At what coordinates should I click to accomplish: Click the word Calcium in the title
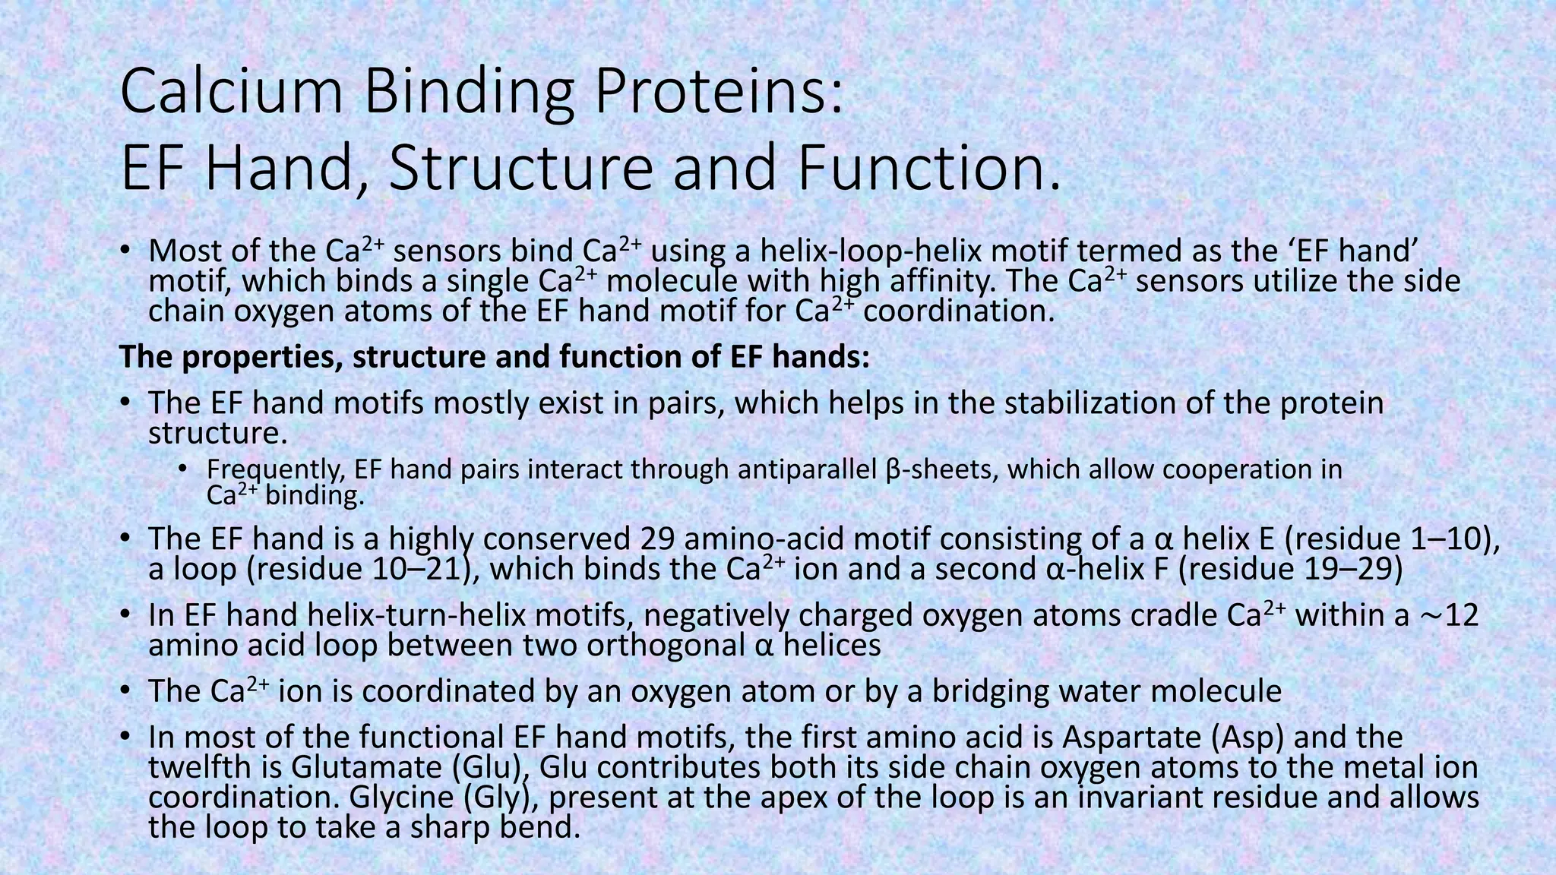pos(231,93)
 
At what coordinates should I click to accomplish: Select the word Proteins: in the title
pos(718,93)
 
